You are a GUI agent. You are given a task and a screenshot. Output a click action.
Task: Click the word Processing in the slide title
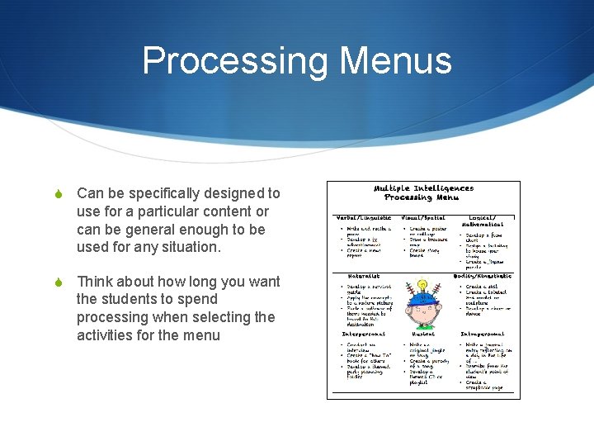pyautogui.click(x=232, y=61)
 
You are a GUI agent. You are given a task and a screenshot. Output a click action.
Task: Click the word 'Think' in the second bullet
pyautogui.click(x=95, y=282)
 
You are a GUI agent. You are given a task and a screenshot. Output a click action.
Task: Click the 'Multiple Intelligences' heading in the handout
pyautogui.click(x=424, y=188)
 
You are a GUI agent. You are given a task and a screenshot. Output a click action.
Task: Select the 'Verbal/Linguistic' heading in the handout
pyautogui.click(x=362, y=217)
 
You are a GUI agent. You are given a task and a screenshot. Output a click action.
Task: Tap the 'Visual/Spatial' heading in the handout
pyautogui.click(x=423, y=217)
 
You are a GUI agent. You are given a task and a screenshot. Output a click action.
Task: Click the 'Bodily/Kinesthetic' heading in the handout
pyautogui.click(x=484, y=276)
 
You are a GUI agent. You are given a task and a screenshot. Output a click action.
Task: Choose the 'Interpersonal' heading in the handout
pyautogui.click(x=364, y=334)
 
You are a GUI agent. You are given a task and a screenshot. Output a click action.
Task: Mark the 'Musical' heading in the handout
pyautogui.click(x=423, y=334)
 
